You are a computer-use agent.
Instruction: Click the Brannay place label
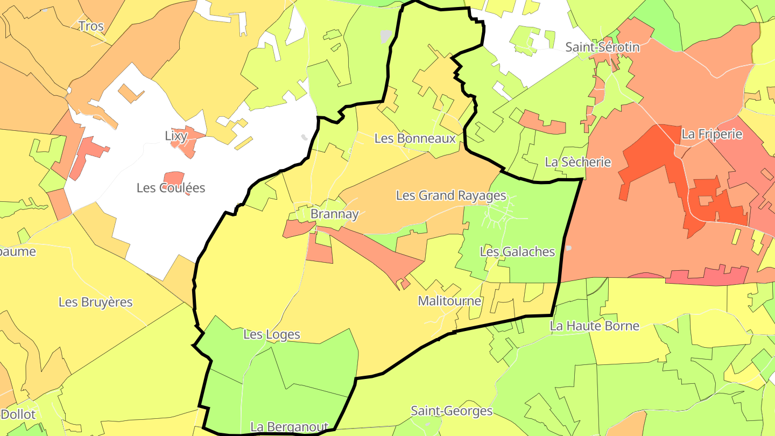334,214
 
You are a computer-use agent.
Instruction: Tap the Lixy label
175,136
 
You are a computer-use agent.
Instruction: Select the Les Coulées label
171,188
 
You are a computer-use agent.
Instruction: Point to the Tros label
90,26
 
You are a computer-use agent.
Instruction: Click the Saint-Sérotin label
602,47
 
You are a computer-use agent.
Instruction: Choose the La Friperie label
711,134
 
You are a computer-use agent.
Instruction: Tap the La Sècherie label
578,162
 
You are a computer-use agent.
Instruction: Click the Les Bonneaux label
415,138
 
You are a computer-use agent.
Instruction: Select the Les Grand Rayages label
451,195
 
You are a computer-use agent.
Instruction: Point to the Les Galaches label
517,251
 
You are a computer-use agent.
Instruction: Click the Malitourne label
449,301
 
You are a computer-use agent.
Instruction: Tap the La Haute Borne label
594,326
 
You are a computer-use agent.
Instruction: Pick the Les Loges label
271,335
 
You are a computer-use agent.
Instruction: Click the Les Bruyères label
95,302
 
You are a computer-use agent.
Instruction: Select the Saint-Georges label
452,411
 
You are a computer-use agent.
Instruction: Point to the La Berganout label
289,427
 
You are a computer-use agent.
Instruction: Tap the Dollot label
19,414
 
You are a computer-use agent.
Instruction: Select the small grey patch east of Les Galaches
568,248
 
